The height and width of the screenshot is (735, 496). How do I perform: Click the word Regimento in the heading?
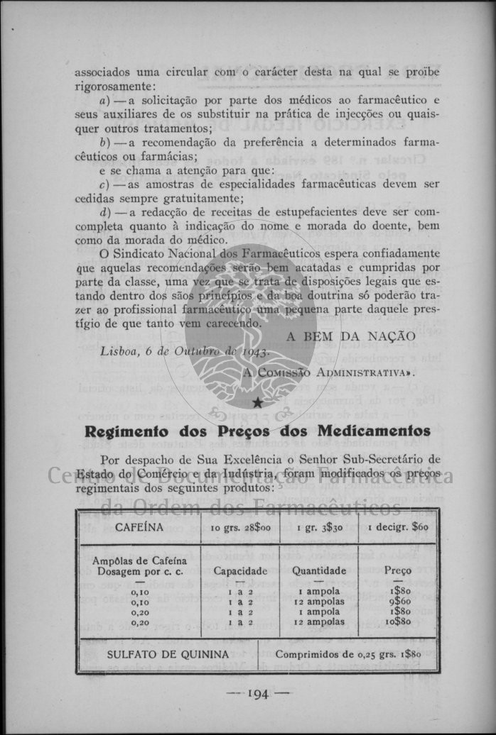point(125,431)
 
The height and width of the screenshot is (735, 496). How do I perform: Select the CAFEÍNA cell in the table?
point(139,527)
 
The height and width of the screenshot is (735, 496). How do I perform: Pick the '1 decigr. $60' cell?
point(398,528)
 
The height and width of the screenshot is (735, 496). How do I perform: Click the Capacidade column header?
point(240,570)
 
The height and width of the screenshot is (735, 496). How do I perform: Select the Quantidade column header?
point(319,570)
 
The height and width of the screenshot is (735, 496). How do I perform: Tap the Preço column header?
point(398,570)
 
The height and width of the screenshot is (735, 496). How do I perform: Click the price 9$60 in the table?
point(398,602)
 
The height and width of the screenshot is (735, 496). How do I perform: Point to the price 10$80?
point(398,622)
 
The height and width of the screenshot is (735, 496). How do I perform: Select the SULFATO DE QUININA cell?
point(168,654)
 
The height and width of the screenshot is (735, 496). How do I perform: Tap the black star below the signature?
point(257,402)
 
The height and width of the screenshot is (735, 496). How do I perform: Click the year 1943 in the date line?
point(254,352)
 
